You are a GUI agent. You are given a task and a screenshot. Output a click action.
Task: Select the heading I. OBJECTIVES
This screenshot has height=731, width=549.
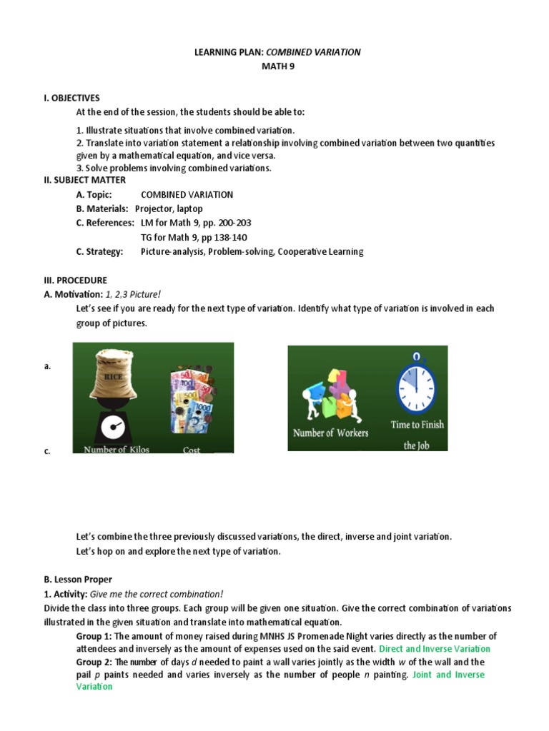tap(72, 98)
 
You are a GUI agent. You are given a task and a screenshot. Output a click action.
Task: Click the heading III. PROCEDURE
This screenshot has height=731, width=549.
tap(76, 281)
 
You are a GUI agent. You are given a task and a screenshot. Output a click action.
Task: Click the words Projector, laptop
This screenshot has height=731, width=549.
tap(169, 208)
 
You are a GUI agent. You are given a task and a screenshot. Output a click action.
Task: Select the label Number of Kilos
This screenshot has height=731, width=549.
tap(117, 450)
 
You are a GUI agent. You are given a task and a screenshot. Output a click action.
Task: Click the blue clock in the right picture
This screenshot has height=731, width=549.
tap(416, 383)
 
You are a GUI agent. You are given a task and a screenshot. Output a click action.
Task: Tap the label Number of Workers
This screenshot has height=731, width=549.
tap(331, 433)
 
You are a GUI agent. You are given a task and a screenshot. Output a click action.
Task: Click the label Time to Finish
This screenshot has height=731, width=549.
tap(417, 424)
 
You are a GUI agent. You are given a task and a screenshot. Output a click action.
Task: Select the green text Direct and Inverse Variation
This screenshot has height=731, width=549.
tap(435, 649)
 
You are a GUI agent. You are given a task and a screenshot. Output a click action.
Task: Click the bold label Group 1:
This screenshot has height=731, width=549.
tap(94, 636)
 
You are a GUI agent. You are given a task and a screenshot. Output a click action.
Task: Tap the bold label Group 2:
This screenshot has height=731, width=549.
tap(94, 662)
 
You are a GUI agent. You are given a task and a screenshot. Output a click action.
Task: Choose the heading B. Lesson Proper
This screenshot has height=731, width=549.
tap(79, 580)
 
